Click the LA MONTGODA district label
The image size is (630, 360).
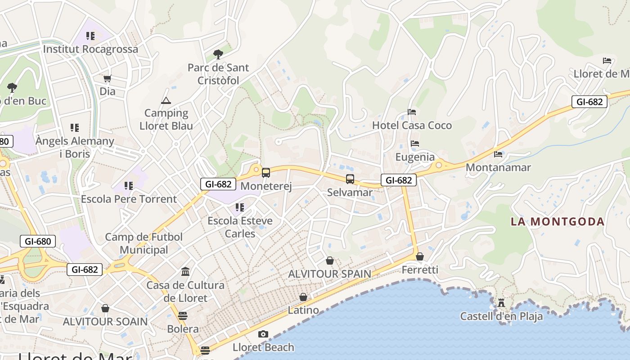[x=558, y=221]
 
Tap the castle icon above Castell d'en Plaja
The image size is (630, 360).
[x=501, y=303]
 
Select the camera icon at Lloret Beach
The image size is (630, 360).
[x=263, y=334]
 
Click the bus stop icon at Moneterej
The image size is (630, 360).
[x=266, y=172]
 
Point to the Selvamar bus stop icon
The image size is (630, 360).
[x=350, y=179]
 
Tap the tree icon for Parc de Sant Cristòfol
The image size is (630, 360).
[x=218, y=54]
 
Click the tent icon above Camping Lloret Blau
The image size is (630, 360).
[x=166, y=100]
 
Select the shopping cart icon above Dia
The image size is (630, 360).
[x=107, y=79]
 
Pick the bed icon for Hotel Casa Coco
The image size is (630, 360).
[x=412, y=112]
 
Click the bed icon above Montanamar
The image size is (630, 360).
[x=498, y=154]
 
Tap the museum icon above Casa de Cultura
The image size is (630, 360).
[x=185, y=271]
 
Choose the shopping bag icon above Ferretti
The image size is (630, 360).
[x=420, y=256]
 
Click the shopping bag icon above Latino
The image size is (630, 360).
[x=303, y=297]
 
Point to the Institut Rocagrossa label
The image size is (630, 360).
[x=90, y=49]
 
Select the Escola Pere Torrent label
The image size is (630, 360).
[x=129, y=199]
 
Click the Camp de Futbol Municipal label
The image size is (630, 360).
[x=144, y=243]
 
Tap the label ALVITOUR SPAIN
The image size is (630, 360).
[x=329, y=274]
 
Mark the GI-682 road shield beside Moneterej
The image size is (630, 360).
[x=218, y=184]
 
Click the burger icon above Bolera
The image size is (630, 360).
[x=183, y=315]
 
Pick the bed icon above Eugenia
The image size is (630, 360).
[x=415, y=144]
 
